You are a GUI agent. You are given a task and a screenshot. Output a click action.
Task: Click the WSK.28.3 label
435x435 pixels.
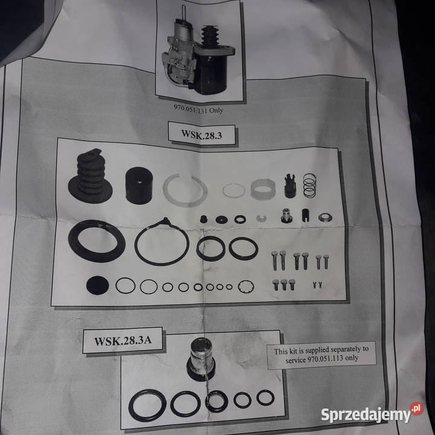pos(202,134)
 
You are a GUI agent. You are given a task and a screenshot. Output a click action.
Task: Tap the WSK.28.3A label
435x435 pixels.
pos(118,340)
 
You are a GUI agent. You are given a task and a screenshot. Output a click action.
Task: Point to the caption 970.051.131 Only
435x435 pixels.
pos(195,110)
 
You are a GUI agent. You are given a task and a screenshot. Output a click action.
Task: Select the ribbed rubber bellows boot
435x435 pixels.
pos(90,176)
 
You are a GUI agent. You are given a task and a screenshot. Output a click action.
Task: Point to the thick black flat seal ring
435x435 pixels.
pos(97,240)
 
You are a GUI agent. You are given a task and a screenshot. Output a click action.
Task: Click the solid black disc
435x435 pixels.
pos(97,285)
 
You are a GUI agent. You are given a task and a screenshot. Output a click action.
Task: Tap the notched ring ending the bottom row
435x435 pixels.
pos(246,286)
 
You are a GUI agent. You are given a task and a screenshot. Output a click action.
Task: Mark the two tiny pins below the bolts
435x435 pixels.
pos(316,283)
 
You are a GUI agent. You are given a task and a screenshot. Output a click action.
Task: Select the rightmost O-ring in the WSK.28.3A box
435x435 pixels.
pos(265,398)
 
